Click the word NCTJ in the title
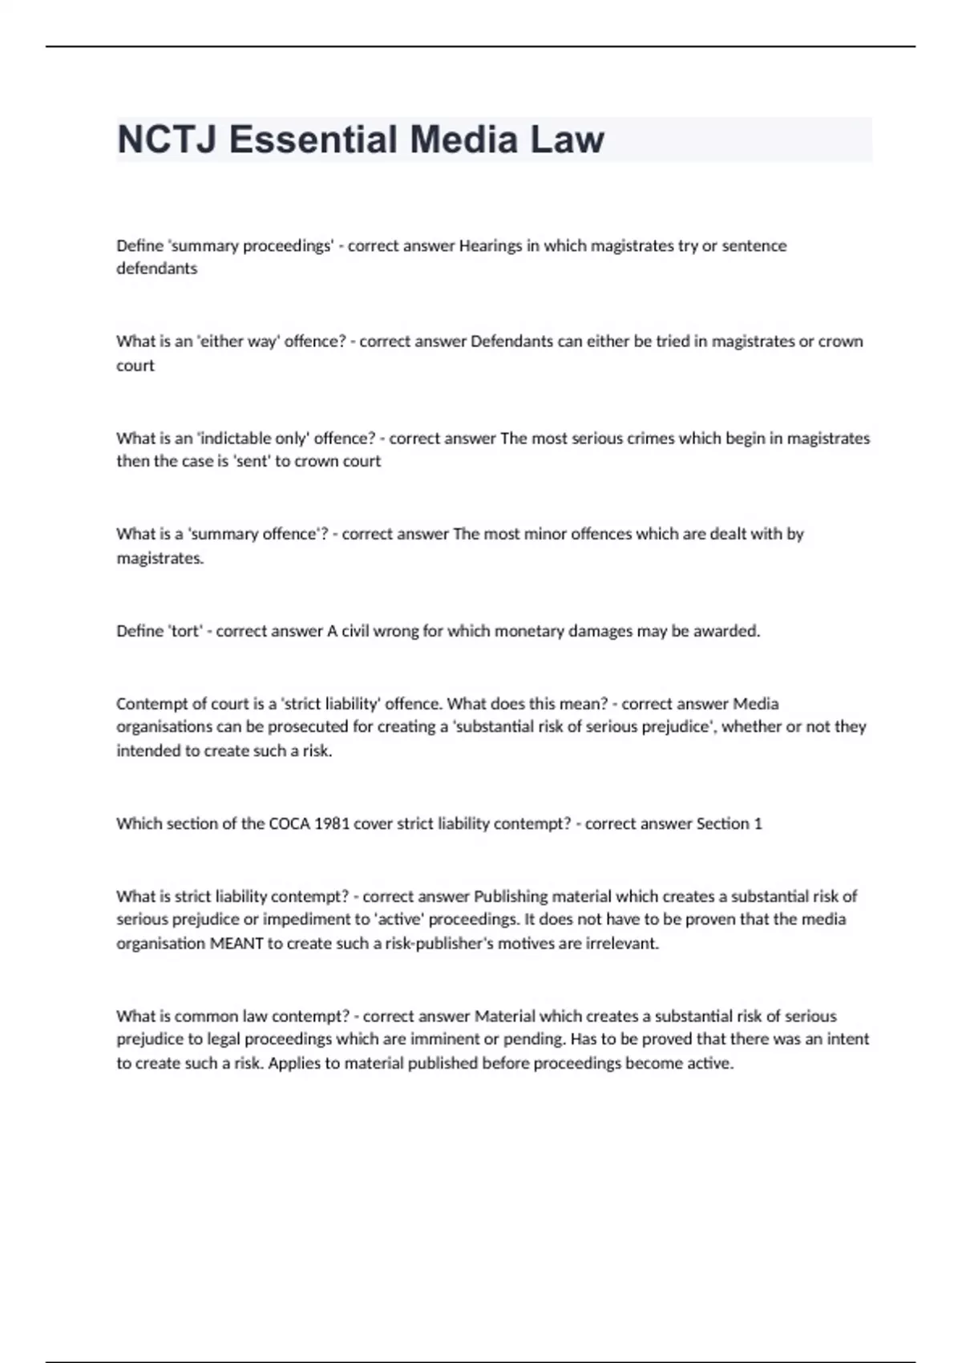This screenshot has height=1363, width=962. pos(168,140)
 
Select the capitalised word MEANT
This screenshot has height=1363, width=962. pos(236,944)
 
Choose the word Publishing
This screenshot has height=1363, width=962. pos(511,896)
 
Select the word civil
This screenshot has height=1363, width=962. pos(358,631)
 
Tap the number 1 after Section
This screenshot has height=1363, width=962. pos(758,823)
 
